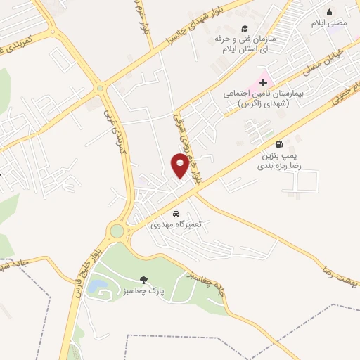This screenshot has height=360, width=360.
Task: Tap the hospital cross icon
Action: (263, 82)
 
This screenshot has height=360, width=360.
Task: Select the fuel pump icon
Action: (281, 142)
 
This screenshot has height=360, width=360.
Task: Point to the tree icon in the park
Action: (144, 280)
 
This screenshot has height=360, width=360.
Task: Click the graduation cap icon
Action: (245, 29)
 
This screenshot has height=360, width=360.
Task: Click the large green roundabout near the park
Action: (117, 231)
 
